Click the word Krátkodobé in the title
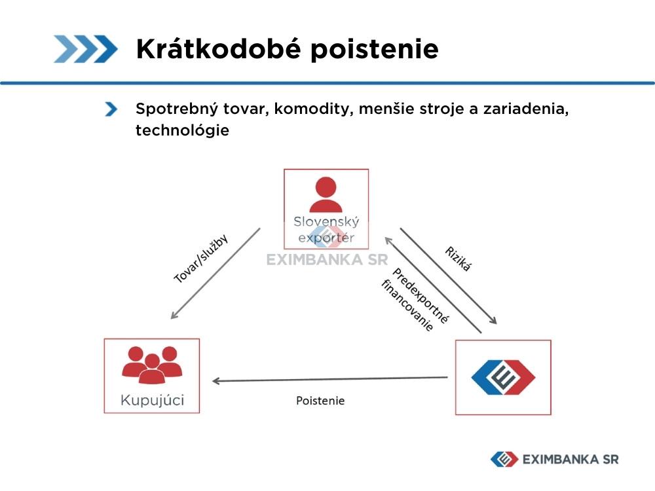click(x=219, y=48)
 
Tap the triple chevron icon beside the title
click(x=86, y=49)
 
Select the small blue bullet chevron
click(x=111, y=109)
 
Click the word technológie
click(x=182, y=130)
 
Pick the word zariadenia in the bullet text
click(x=526, y=109)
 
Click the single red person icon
click(x=326, y=194)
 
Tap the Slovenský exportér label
click(x=326, y=230)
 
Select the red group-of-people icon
click(x=152, y=365)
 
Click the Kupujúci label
click(x=152, y=400)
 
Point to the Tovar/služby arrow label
click(x=201, y=259)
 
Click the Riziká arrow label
click(x=458, y=259)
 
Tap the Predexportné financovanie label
click(x=415, y=300)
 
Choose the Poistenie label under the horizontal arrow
click(x=320, y=401)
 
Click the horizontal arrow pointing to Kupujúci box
click(x=330, y=379)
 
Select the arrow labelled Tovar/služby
click(x=215, y=274)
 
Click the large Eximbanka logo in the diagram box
click(x=503, y=378)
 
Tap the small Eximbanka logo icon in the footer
click(x=504, y=460)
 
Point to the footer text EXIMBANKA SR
click(x=571, y=460)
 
